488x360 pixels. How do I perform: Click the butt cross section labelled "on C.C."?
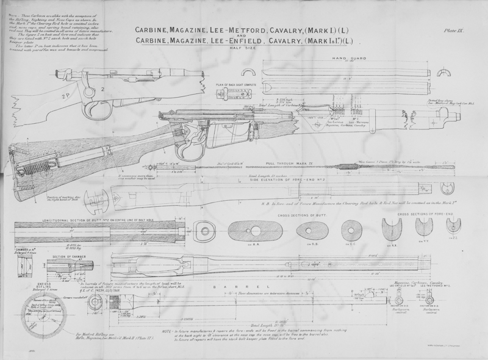[x=351, y=229]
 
